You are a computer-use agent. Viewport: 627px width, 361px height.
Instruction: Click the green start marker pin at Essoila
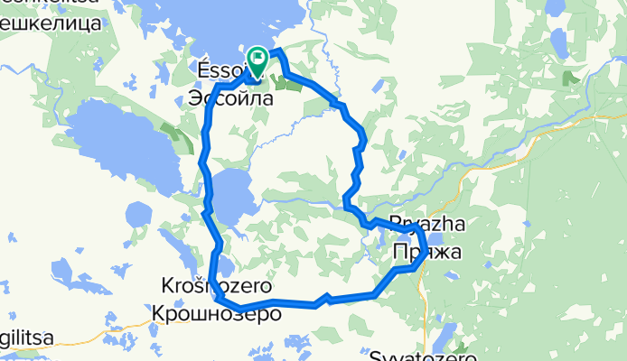257,61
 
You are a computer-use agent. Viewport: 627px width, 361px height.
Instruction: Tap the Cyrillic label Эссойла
229,98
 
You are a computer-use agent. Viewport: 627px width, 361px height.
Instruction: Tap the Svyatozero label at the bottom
423,356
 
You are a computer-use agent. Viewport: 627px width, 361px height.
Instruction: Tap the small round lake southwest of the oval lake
139,215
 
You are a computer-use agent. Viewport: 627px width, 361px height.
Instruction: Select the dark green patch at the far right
571,78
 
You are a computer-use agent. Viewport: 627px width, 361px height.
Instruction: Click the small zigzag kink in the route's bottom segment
325,299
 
